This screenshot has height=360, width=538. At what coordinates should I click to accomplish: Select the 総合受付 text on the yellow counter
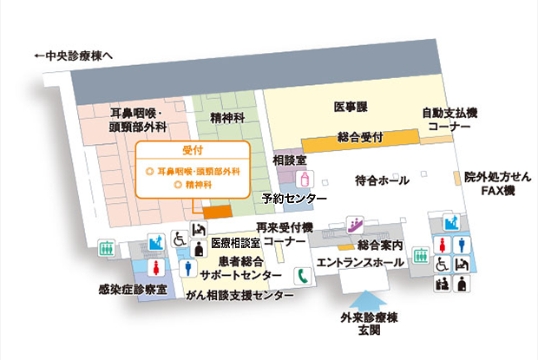(x=360, y=137)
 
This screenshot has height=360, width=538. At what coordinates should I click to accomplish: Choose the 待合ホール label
(x=382, y=180)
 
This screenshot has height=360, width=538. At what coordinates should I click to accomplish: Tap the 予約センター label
(x=294, y=200)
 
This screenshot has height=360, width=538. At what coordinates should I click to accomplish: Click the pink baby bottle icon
(x=305, y=179)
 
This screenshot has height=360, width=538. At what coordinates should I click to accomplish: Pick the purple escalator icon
(x=353, y=223)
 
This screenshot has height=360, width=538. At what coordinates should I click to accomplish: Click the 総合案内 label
(x=380, y=245)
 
